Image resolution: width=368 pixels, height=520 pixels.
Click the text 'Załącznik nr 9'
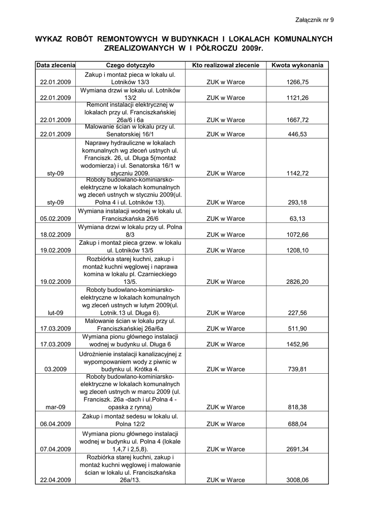[315, 20]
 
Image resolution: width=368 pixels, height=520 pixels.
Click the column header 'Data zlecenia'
[56, 66]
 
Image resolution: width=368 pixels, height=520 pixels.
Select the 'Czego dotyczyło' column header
[134, 66]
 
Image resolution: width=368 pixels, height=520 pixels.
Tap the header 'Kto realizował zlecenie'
[226, 66]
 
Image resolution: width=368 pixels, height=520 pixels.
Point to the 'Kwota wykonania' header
[297, 66]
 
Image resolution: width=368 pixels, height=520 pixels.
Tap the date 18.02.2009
[55, 235]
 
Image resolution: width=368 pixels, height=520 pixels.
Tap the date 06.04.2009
[55, 423]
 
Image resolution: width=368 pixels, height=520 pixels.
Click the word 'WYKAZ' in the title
[51, 39]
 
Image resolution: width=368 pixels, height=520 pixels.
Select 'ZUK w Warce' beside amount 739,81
[226, 369]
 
